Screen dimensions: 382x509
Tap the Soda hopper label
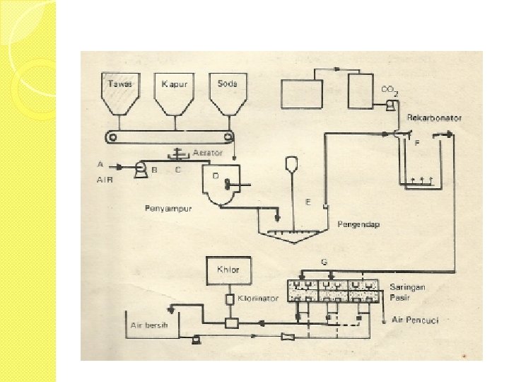coord(227,84)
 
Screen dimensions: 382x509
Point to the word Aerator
coord(208,153)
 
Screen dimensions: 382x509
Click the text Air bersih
coord(149,325)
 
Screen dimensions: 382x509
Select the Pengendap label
coord(358,224)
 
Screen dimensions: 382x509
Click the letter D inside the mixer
coord(216,173)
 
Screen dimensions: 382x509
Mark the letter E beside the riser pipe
coord(309,202)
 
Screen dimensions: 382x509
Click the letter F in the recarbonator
coord(418,143)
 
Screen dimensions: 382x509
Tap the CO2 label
coord(389,90)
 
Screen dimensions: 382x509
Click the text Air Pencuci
coord(416,321)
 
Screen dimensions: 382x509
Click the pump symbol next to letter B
coord(140,168)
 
